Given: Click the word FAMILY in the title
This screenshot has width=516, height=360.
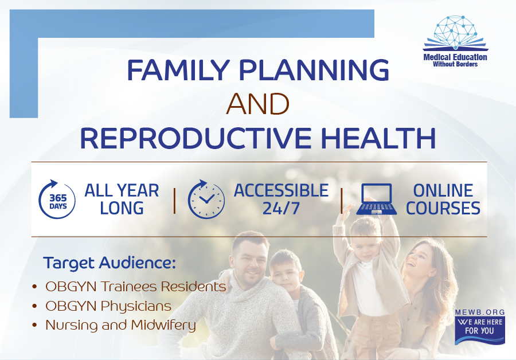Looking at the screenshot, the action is pyautogui.click(x=178, y=70).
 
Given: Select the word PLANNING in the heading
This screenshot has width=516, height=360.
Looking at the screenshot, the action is pyautogui.click(x=314, y=70).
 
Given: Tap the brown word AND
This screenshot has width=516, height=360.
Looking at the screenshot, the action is pyautogui.click(x=257, y=104).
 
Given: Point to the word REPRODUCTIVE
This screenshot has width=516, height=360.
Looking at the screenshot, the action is pyautogui.click(x=196, y=138).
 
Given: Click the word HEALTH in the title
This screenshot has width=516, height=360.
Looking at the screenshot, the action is pyautogui.click(x=378, y=138).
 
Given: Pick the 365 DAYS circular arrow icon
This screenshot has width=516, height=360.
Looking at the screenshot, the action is pyautogui.click(x=57, y=199).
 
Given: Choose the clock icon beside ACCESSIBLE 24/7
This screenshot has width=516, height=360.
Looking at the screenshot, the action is pyautogui.click(x=206, y=199).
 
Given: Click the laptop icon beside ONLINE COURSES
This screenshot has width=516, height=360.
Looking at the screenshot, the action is pyautogui.click(x=377, y=199).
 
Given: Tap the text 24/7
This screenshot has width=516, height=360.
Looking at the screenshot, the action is pyautogui.click(x=281, y=208).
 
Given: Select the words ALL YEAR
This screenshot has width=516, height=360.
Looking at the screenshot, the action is pyautogui.click(x=122, y=190).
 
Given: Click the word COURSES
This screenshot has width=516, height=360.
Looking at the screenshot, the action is pyautogui.click(x=443, y=208).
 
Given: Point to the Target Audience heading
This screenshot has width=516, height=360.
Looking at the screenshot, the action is pyautogui.click(x=110, y=263).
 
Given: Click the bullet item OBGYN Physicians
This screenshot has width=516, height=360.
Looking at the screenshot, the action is pyautogui.click(x=108, y=306).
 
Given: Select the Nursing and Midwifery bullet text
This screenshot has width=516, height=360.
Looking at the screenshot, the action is pyautogui.click(x=121, y=325).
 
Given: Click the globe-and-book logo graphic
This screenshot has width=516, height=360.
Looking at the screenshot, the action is pyautogui.click(x=455, y=33).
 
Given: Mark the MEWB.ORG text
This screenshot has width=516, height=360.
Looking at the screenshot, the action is pyautogui.click(x=480, y=312).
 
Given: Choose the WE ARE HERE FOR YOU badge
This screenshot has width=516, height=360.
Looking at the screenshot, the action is pyautogui.click(x=480, y=330).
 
